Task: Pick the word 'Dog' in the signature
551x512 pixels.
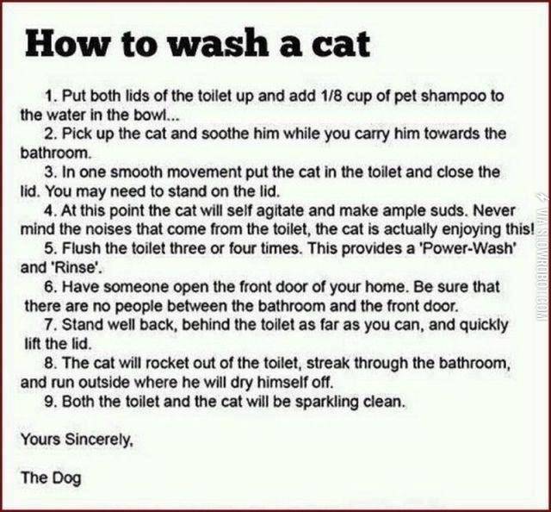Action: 67,478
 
